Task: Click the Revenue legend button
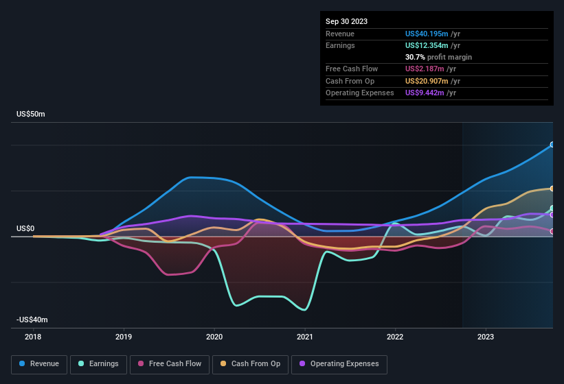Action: point(39,363)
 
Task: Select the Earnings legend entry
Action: point(99,363)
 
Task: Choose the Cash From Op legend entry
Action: point(251,363)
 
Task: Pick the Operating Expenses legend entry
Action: point(339,363)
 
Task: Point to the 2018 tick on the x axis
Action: point(33,337)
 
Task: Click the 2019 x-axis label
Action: point(124,337)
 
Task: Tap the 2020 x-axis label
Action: point(214,337)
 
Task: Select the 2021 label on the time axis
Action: point(305,337)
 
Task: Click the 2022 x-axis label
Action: point(395,337)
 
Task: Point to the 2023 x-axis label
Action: point(486,337)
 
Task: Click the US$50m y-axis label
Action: point(31,114)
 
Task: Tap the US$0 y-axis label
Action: point(26,228)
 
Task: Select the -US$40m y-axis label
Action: point(32,320)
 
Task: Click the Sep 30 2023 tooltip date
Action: point(346,21)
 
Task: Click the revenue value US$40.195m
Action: point(427,33)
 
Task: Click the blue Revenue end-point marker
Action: point(552,145)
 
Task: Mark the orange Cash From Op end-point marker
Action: point(552,189)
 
